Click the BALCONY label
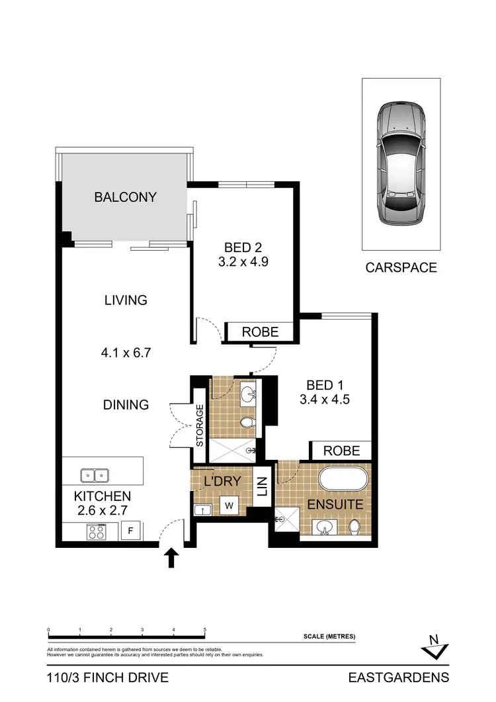pyautogui.click(x=126, y=197)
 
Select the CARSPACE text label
pyautogui.click(x=401, y=268)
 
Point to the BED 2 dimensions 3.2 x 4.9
pyautogui.click(x=243, y=261)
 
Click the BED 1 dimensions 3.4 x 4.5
pyautogui.click(x=324, y=399)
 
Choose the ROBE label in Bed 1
pyautogui.click(x=342, y=451)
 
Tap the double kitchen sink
pyautogui.click(x=95, y=474)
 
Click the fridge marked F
pyautogui.click(x=131, y=530)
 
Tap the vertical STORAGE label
pyautogui.click(x=199, y=425)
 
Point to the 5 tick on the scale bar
pyautogui.click(x=205, y=630)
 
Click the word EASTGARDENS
pyautogui.click(x=399, y=678)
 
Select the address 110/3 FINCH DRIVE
pyautogui.click(x=108, y=678)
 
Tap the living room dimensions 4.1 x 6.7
pyautogui.click(x=126, y=353)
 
